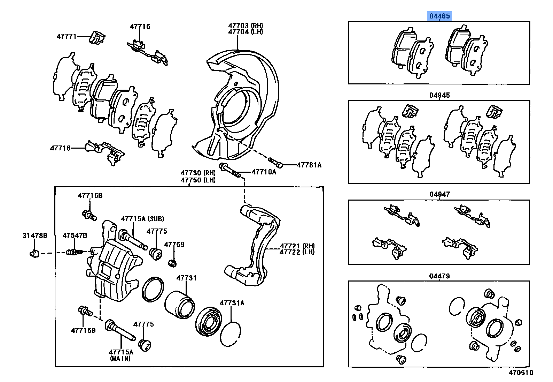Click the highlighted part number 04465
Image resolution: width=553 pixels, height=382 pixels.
point(439,16)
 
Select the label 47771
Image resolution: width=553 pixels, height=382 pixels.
point(66,36)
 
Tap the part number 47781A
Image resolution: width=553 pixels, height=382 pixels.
point(309,165)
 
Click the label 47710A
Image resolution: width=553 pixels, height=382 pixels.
point(264,172)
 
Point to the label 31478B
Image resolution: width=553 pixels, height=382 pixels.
point(35,236)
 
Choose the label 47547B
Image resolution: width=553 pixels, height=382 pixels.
point(75,236)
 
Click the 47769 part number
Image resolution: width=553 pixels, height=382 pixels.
point(174,245)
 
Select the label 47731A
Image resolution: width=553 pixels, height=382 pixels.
point(232,303)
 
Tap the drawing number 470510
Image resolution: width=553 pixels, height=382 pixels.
point(520,373)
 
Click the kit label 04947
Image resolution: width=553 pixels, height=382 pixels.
point(439,194)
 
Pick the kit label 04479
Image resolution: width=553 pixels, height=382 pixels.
point(439,276)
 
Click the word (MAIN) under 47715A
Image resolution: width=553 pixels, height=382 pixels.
point(120,358)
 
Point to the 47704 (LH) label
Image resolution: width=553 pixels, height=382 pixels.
point(246,32)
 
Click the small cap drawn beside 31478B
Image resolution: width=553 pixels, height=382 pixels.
point(34,253)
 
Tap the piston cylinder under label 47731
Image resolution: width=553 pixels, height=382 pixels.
point(179,304)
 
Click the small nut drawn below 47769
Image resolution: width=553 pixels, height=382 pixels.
point(172,262)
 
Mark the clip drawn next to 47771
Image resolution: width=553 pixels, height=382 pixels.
point(97,38)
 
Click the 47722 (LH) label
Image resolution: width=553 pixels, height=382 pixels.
point(297,252)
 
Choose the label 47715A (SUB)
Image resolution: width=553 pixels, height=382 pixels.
point(142,219)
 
